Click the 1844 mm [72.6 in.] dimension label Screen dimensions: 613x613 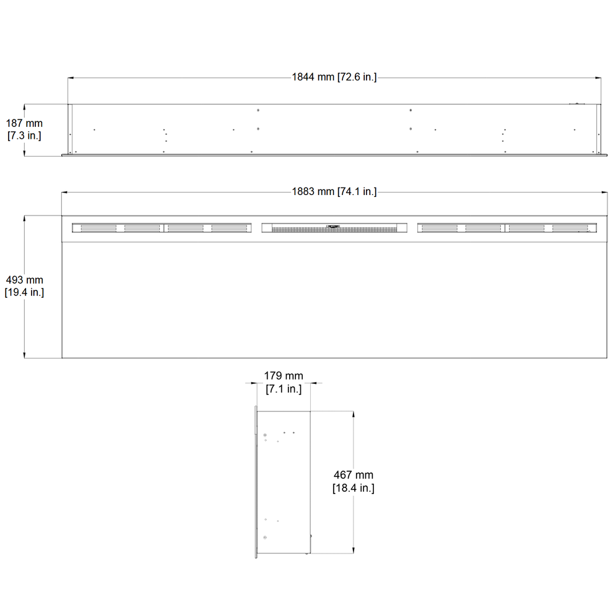(x=334, y=77)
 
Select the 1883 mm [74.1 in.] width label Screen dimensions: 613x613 (x=334, y=192)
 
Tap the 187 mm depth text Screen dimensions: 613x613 (x=25, y=124)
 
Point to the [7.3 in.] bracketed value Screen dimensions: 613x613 (x=25, y=135)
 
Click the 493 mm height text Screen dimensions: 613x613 (x=25, y=280)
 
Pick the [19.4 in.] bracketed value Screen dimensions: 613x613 (x=25, y=292)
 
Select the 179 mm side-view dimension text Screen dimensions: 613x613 (x=284, y=376)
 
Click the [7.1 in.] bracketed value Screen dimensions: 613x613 (x=284, y=389)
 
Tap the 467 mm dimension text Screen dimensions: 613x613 (x=354, y=475)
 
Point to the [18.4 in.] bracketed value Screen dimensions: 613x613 (x=354, y=488)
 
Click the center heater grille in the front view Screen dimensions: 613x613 (x=334, y=228)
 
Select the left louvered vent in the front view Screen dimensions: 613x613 (x=162, y=228)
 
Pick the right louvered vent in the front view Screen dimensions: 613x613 (x=506, y=228)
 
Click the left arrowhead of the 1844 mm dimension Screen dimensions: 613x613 (x=71, y=78)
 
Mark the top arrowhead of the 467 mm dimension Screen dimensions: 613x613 (x=354, y=413)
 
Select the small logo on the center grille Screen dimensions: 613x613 (x=334, y=226)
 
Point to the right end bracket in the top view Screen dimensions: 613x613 (x=599, y=128)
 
